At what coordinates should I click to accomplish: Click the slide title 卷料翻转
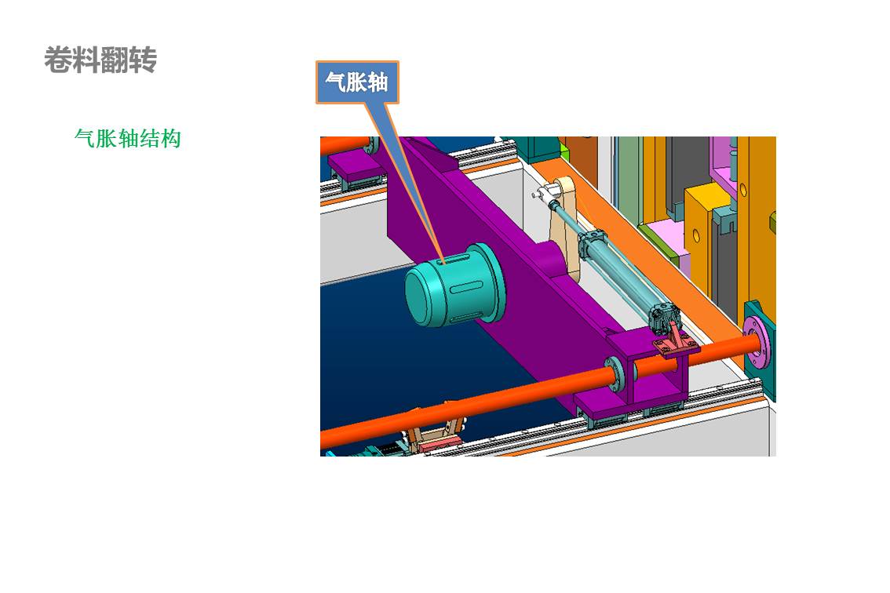pos(100,60)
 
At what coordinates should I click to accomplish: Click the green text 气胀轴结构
pos(128,139)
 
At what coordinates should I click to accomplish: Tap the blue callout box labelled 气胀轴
pos(357,82)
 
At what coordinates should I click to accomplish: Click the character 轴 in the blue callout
pos(378,82)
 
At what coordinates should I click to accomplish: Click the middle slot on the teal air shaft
pos(466,289)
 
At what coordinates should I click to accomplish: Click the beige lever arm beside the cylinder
pos(565,227)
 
